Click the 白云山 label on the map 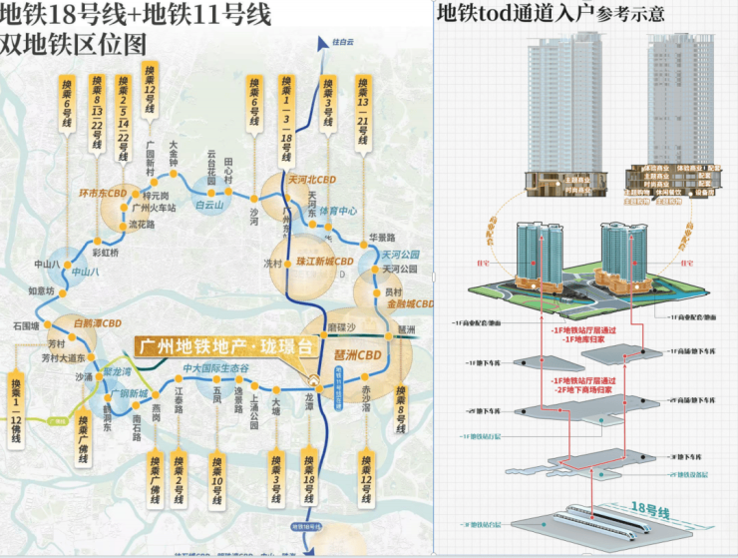[210, 205]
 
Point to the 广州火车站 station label [153, 209]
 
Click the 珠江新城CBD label [325, 262]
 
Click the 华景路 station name [383, 238]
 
